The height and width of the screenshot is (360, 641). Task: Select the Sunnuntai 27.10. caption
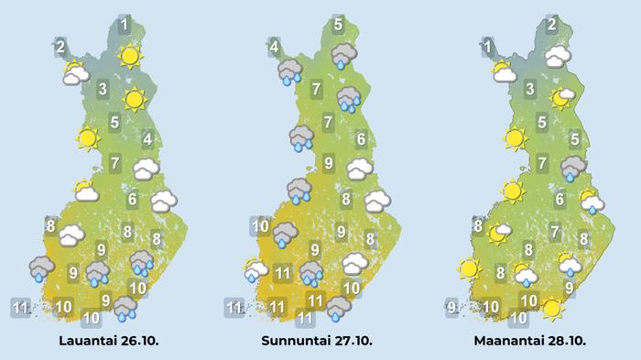click(320, 341)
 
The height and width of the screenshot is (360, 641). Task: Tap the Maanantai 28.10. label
click(530, 341)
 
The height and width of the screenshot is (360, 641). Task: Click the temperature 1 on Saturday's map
click(125, 23)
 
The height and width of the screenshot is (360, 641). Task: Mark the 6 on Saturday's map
click(132, 199)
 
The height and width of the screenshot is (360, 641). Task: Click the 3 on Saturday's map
click(103, 90)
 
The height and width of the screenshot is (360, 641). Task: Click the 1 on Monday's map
click(488, 46)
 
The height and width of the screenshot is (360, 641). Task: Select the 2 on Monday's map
click(552, 25)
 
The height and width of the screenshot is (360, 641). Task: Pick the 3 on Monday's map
click(530, 90)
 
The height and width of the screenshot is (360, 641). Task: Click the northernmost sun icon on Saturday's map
click(130, 57)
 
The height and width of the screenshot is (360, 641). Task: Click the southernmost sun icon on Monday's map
click(552, 309)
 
